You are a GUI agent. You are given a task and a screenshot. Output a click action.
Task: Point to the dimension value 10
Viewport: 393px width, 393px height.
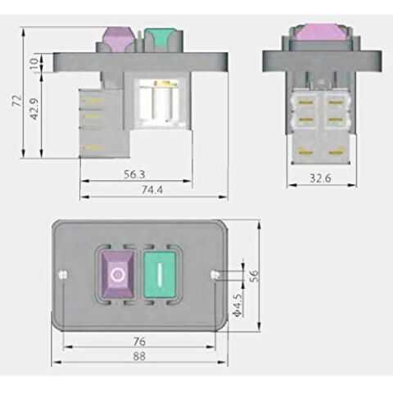[34, 62]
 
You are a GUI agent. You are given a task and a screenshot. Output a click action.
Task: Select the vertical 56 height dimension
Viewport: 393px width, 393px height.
[253, 276]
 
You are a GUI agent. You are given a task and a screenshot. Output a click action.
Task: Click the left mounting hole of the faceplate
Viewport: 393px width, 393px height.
[62, 275]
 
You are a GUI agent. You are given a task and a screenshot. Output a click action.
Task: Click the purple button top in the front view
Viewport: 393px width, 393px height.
[116, 38]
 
